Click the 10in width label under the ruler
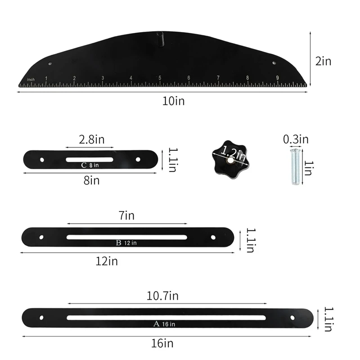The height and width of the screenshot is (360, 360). click(174, 101)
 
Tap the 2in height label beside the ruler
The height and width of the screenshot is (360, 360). click(323, 61)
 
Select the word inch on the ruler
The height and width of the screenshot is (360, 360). click(31, 80)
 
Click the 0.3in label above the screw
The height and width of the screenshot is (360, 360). click(296, 139)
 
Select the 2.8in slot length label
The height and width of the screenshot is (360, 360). click(91, 139)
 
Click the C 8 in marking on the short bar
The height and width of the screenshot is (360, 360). click(90, 166)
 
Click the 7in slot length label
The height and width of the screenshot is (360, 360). click(127, 216)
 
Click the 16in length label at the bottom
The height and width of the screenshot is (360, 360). click(162, 343)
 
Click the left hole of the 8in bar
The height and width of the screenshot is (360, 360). click(42, 159)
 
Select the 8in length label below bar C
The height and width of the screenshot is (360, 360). click(91, 180)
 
